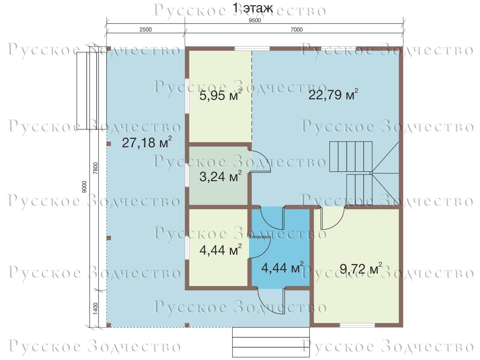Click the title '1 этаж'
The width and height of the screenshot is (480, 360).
pyautogui.click(x=253, y=8)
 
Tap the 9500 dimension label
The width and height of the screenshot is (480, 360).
pyautogui.click(x=255, y=20)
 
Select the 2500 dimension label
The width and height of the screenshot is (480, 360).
pyautogui.click(x=145, y=29)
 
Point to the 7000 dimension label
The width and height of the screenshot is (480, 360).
pyautogui.click(x=296, y=29)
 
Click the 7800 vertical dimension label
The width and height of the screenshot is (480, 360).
pyautogui.click(x=96, y=168)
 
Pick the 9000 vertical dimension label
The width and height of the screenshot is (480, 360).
pyautogui.click(x=84, y=187)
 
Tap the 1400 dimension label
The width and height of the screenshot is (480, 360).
pyautogui.click(x=96, y=309)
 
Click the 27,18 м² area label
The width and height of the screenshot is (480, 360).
pyautogui.click(x=147, y=142)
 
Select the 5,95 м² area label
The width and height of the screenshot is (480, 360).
pyautogui.click(x=220, y=95)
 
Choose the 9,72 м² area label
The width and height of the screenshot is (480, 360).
pyautogui.click(x=361, y=268)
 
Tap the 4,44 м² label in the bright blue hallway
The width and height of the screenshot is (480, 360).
pyautogui.click(x=282, y=268)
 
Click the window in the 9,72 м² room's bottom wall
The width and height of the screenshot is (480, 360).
pyautogui.click(x=357, y=325)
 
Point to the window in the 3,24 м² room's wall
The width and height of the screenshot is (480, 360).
pyautogui.click(x=187, y=175)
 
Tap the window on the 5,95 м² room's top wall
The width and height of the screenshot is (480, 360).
pyautogui.click(x=252, y=49)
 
